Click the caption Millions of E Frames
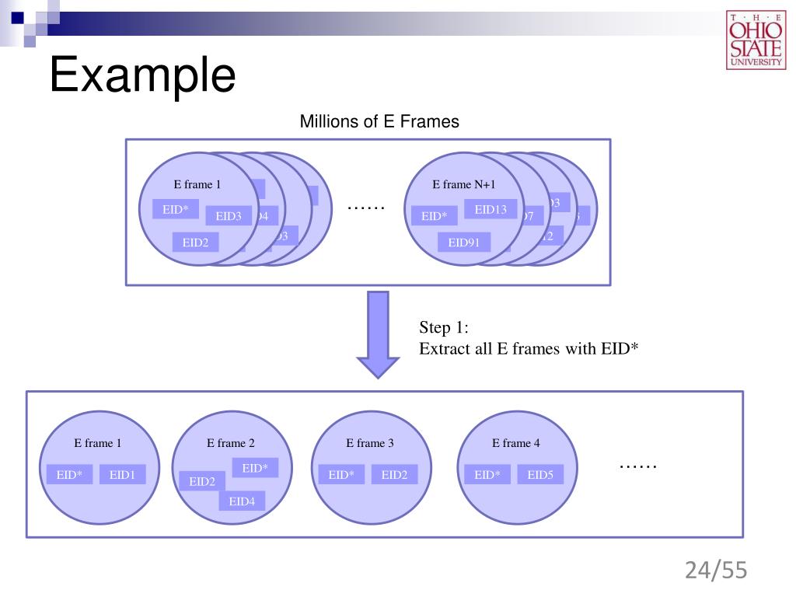[379, 122]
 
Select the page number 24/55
[715, 571]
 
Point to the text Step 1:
[444, 327]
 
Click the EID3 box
[229, 216]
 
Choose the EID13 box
[490, 209]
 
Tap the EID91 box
[464, 243]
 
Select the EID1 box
[122, 474]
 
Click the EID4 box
[242, 501]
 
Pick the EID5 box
[540, 475]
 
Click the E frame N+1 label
[463, 184]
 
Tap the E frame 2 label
[230, 443]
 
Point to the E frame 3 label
[370, 443]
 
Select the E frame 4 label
[515, 443]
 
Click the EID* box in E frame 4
[487, 475]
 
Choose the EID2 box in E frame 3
[394, 475]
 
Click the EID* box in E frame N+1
[434, 216]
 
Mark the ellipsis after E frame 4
[638, 466]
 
